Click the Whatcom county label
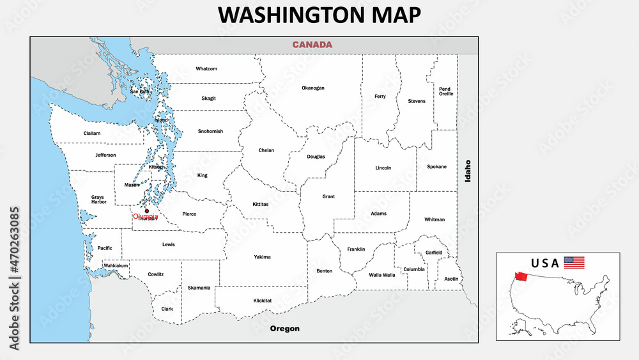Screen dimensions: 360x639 point(206,68)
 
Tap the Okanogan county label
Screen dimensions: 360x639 point(313,88)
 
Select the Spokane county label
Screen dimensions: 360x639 point(436,167)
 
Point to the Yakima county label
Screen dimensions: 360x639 point(262,257)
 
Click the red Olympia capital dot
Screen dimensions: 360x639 point(147,210)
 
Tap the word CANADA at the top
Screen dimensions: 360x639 point(312,45)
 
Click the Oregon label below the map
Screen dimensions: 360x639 point(284,329)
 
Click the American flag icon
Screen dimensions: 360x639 point(574,262)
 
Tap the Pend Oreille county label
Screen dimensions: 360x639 point(445,91)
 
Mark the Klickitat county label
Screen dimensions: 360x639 point(262,300)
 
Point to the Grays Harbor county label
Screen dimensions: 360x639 point(98,200)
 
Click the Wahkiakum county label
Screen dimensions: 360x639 point(116,265)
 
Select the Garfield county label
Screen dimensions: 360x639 point(434,253)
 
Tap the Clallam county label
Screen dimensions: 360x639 point(92,133)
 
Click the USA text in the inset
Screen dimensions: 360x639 point(545,263)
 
